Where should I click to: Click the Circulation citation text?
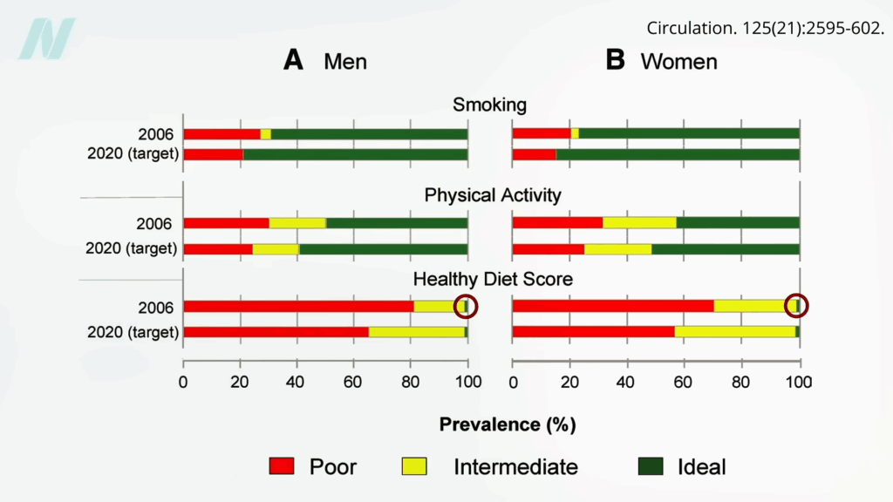coord(765,28)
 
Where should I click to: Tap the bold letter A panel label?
coord(293,60)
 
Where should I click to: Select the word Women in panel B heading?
coord(678,61)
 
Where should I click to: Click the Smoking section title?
coord(489,105)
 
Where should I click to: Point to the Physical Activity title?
coord(492,195)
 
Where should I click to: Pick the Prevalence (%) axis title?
coord(507,424)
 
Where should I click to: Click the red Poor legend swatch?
coord(283,466)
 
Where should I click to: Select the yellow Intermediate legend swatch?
coord(414,466)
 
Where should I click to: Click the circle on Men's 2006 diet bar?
coord(467,306)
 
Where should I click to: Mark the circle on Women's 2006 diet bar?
coord(796,306)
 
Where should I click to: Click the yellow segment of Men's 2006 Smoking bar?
coord(265,133)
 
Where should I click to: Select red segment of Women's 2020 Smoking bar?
coord(534,154)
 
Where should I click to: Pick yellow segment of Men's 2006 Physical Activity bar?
coord(297,223)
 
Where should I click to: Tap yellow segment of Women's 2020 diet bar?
coord(734,332)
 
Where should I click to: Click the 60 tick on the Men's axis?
coord(354,381)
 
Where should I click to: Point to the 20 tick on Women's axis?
coord(569,381)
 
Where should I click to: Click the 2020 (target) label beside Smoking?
coord(133,154)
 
